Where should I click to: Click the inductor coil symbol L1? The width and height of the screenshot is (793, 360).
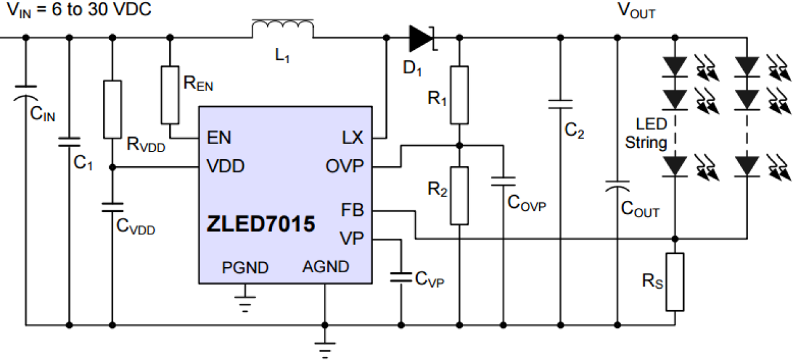282,29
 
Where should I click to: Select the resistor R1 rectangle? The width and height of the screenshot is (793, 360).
459,94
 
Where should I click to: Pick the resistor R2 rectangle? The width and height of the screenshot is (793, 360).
459,195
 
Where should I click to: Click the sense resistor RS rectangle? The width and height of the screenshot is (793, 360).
675,282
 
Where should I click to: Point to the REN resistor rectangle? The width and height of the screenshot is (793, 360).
170,95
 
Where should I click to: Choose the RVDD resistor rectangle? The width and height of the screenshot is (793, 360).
112,109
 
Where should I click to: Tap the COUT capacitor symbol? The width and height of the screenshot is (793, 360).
617,186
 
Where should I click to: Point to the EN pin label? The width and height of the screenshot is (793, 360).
219,138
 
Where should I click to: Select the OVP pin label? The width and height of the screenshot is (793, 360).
345,167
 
